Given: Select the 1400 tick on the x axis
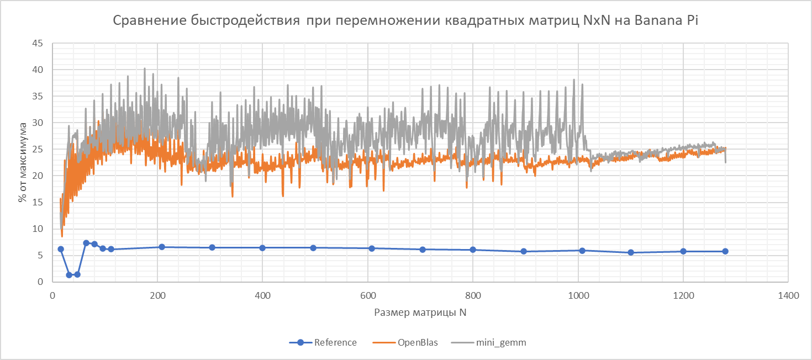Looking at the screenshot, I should [788, 295].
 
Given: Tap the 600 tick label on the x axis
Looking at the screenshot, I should [368, 295].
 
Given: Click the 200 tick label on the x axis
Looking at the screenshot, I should [157, 295].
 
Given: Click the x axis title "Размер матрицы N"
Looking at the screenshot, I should [420, 313].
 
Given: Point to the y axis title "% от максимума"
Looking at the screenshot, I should [23, 162].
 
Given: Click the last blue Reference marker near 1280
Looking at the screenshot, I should [725, 251].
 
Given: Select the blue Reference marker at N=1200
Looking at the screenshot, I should [683, 251].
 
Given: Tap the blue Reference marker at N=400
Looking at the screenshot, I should [262, 247].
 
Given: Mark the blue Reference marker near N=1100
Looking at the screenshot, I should [631, 252].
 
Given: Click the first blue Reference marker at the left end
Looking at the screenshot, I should [61, 249].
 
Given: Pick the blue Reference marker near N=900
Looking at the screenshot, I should [524, 251].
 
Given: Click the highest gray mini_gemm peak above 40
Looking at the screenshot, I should [145, 68].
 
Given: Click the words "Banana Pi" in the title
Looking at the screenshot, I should [670, 21].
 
